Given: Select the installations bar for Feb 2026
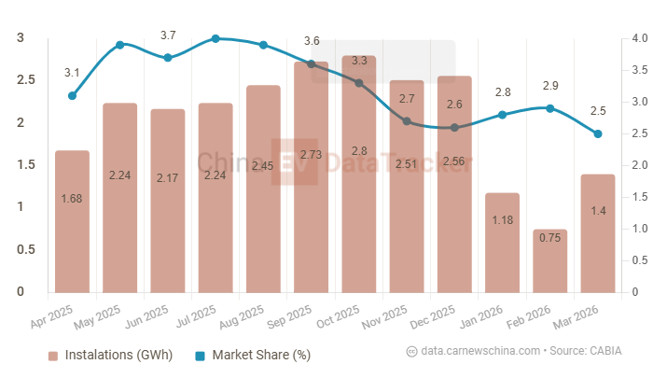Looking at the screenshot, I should (550, 260).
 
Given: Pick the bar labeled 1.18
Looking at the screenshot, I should (503, 242).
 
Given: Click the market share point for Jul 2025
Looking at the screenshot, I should (215, 38).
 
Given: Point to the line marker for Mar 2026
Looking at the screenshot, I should (598, 133).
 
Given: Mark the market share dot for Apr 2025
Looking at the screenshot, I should (72, 95).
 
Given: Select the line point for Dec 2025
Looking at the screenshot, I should (454, 127).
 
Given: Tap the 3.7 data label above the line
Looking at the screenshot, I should (168, 35).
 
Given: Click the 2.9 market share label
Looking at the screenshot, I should (550, 86).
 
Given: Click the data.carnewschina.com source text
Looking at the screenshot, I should (480, 351).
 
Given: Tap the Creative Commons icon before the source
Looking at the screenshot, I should (411, 351).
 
